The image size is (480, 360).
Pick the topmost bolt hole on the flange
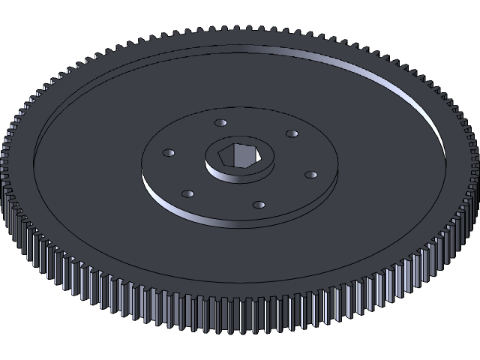tap(220, 122)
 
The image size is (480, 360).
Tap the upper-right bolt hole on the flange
tap(291, 133)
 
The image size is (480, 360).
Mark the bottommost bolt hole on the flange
tap(259, 204)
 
